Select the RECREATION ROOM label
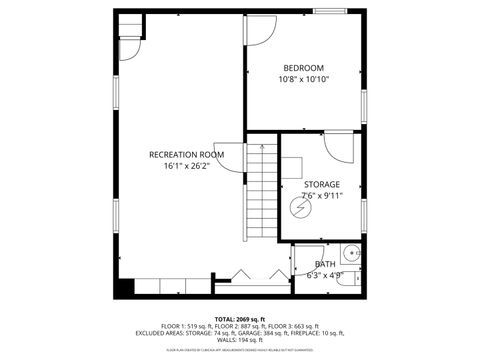(x=186, y=154)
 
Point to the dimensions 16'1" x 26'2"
(x=186, y=167)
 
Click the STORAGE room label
(x=322, y=184)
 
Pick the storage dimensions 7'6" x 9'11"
(x=322, y=196)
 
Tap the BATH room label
(x=326, y=264)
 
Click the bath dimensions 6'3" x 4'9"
(x=326, y=275)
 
